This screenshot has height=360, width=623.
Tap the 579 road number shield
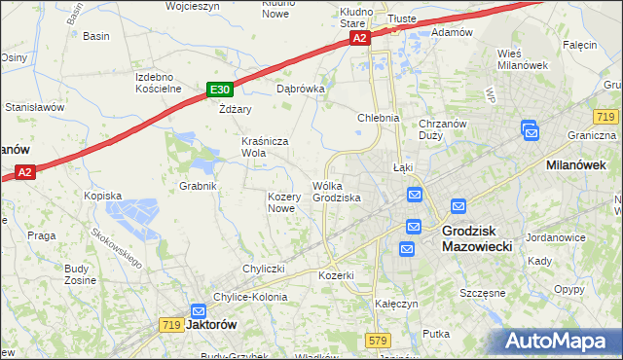coord(379,340)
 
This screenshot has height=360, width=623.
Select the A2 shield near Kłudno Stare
coord(360,38)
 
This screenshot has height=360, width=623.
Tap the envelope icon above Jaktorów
coord(199,308)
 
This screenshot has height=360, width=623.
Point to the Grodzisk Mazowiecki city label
coord(484,239)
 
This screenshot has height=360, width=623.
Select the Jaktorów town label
coord(212,325)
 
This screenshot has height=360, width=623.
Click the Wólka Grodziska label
coord(337,192)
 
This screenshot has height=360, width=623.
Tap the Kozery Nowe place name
coord(281,202)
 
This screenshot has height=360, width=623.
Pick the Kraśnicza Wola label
coord(266,147)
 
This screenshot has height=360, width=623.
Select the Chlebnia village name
coord(379,118)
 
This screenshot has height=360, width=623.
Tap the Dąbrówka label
coord(300,88)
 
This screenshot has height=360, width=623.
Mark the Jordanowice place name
coord(554,237)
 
